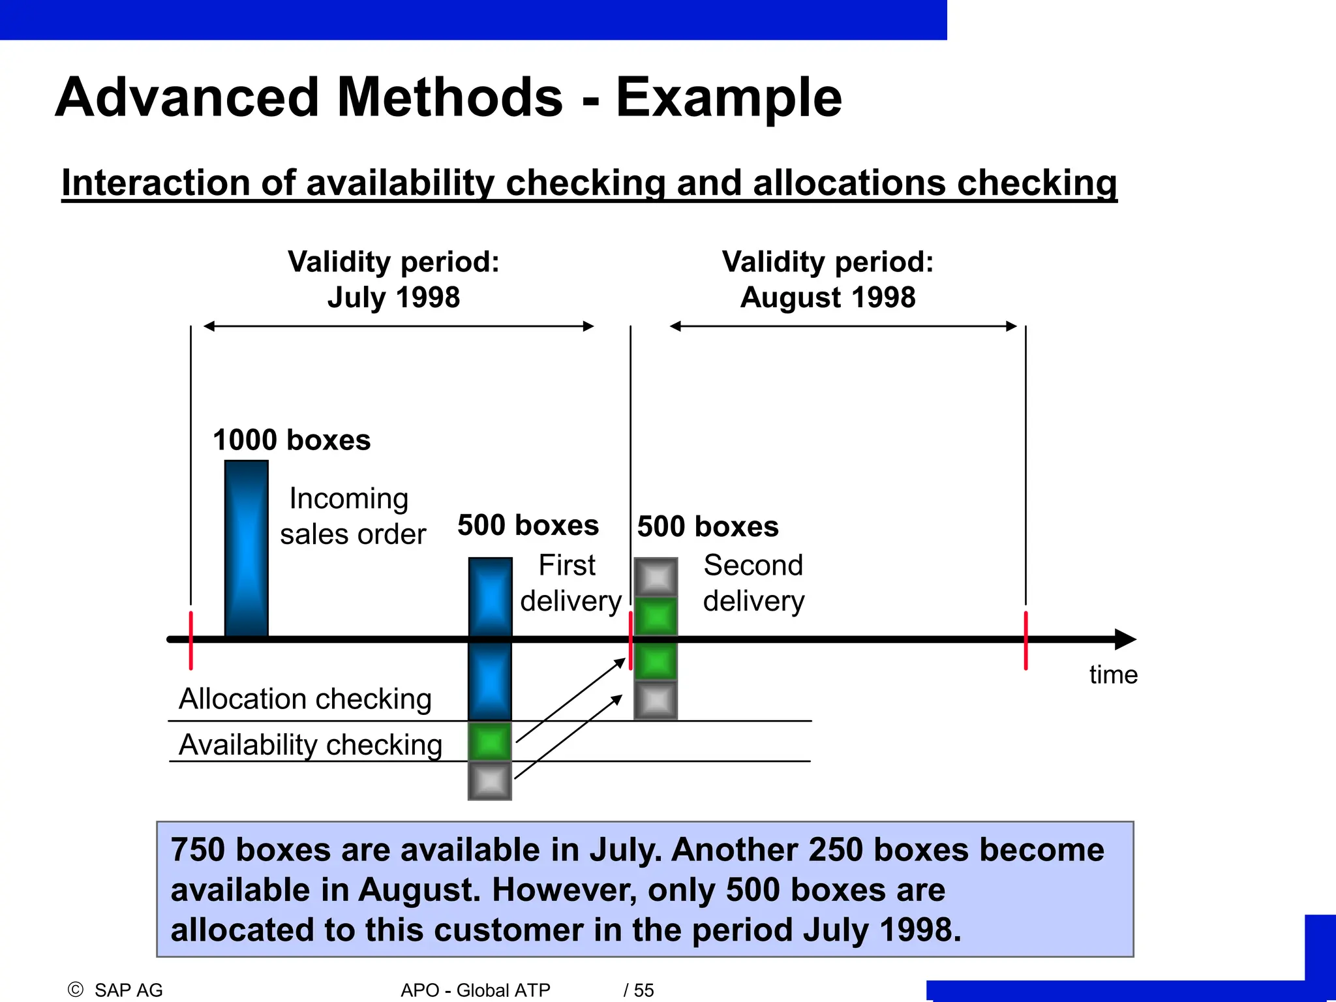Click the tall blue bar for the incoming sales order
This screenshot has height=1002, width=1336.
[x=247, y=548]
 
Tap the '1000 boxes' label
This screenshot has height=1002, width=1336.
[x=292, y=440]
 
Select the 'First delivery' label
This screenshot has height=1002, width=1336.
[x=569, y=583]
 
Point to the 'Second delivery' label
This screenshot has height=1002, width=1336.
[x=753, y=583]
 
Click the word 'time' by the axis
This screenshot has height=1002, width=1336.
[x=1113, y=675]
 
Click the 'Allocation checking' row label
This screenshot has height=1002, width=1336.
[x=305, y=699]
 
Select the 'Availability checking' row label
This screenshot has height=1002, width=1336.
[x=311, y=744]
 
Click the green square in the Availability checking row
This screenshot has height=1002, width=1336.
[x=490, y=742]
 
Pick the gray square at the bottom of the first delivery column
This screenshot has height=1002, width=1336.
[x=490, y=781]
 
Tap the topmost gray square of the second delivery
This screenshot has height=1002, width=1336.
[x=656, y=577]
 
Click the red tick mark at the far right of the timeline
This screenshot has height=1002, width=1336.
[x=1025, y=641]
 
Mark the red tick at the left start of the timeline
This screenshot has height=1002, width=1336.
[x=191, y=641]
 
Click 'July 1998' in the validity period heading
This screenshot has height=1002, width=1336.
[x=393, y=297]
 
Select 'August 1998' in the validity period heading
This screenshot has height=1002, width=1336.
[x=828, y=297]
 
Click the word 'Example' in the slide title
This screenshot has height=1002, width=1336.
[x=729, y=98]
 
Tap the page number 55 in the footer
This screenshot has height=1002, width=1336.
[x=643, y=990]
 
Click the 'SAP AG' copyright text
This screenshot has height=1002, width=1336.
[x=128, y=990]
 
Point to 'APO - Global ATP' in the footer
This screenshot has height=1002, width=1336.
[x=476, y=990]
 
